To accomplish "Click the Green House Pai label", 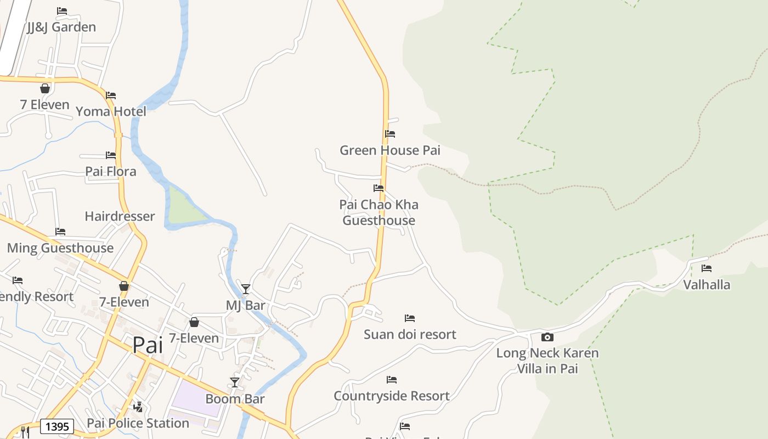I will click(x=390, y=150).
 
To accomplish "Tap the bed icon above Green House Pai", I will click(x=390, y=134).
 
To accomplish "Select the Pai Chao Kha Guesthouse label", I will click(x=379, y=212).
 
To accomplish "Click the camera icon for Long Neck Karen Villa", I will click(x=547, y=337).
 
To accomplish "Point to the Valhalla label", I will click(x=707, y=284).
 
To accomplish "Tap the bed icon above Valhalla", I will click(x=707, y=268).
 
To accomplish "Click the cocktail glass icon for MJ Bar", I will click(x=246, y=289).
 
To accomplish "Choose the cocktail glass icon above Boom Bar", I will click(x=235, y=382).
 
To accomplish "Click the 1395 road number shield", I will click(x=57, y=426).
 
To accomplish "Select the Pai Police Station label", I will click(x=138, y=423).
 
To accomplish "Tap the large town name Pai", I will click(x=148, y=345).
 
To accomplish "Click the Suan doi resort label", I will click(x=410, y=334).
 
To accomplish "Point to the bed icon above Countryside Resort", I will click(x=392, y=380).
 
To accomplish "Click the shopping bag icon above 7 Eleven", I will click(x=45, y=88).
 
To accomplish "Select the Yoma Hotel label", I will click(x=111, y=111).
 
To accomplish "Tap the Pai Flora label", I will click(x=111, y=171).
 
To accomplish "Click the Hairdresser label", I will click(x=120, y=216).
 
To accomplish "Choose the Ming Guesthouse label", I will click(x=60, y=247).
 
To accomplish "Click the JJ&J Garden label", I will click(x=61, y=27).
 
